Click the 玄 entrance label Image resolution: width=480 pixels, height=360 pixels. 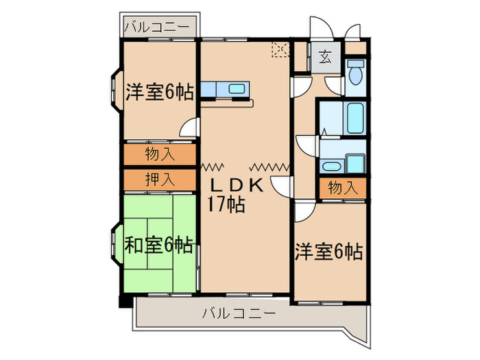(323, 58)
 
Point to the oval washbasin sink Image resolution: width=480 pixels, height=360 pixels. (331, 165)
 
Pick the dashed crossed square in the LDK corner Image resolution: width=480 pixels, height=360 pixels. (280, 50)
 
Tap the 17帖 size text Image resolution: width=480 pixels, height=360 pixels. (226, 204)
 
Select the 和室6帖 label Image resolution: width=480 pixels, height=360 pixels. (158, 244)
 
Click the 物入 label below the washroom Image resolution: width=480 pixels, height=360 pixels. (342, 187)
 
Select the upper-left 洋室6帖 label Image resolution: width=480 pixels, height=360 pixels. (158, 92)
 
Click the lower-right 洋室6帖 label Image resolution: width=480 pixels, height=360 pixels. (328, 252)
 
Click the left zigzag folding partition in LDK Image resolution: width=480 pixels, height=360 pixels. (213, 165)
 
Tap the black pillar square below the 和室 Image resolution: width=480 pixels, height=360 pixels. (123, 301)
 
